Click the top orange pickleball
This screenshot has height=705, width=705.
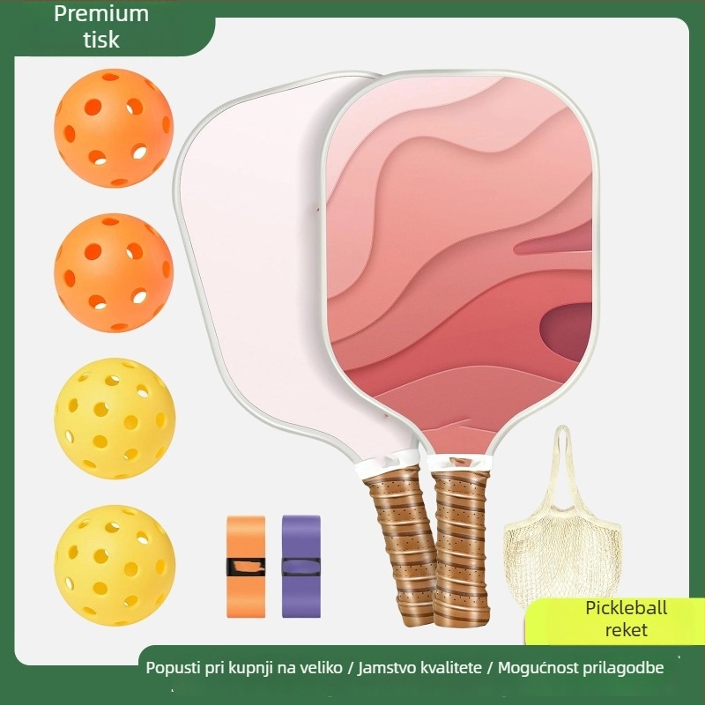point(114,128)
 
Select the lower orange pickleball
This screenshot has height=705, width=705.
point(114,272)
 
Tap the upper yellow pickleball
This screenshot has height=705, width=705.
point(115,418)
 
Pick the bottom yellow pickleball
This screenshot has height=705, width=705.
point(115,565)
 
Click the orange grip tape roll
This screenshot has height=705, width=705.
point(246,567)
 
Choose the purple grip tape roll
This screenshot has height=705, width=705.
point(301,567)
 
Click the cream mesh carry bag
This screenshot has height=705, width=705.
point(563,539)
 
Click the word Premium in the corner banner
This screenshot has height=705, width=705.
point(101,14)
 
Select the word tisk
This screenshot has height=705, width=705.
point(101,40)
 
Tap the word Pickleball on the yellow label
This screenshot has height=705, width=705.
point(626,608)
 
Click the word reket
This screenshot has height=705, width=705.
point(626,630)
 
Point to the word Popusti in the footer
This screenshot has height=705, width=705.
point(173,668)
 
